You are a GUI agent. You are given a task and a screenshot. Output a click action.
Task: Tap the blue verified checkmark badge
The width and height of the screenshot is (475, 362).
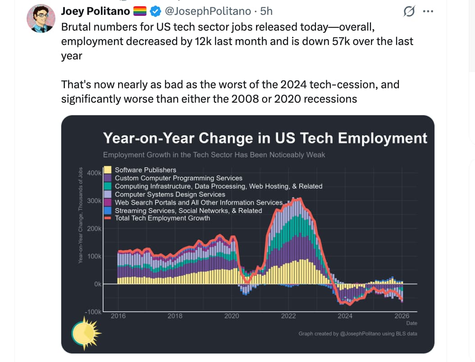(x=155, y=11)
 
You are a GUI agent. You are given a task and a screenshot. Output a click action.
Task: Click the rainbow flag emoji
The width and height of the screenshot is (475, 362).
(x=140, y=11)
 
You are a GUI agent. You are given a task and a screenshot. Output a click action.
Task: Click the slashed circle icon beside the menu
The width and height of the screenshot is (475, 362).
(x=409, y=11)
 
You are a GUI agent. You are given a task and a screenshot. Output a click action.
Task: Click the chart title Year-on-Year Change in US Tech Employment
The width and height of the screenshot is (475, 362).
(x=265, y=138)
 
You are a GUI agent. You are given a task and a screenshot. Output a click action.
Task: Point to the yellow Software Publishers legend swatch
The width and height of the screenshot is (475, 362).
(x=108, y=170)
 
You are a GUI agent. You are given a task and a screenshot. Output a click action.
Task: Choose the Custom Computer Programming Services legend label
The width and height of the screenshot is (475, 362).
(x=178, y=178)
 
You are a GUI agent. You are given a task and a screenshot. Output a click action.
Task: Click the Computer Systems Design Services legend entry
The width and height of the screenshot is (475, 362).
(x=170, y=194)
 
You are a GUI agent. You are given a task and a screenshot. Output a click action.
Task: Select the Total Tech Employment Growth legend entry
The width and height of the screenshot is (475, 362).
(x=162, y=218)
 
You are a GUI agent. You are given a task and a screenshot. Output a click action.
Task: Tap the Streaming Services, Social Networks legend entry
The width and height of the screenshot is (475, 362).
(x=188, y=210)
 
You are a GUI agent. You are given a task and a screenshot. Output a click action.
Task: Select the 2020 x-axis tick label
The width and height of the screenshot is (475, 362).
(x=232, y=316)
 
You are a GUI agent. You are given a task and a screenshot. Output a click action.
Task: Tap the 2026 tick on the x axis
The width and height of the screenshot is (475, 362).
(x=402, y=316)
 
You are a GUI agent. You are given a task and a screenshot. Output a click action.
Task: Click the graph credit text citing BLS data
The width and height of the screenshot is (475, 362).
(x=358, y=334)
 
